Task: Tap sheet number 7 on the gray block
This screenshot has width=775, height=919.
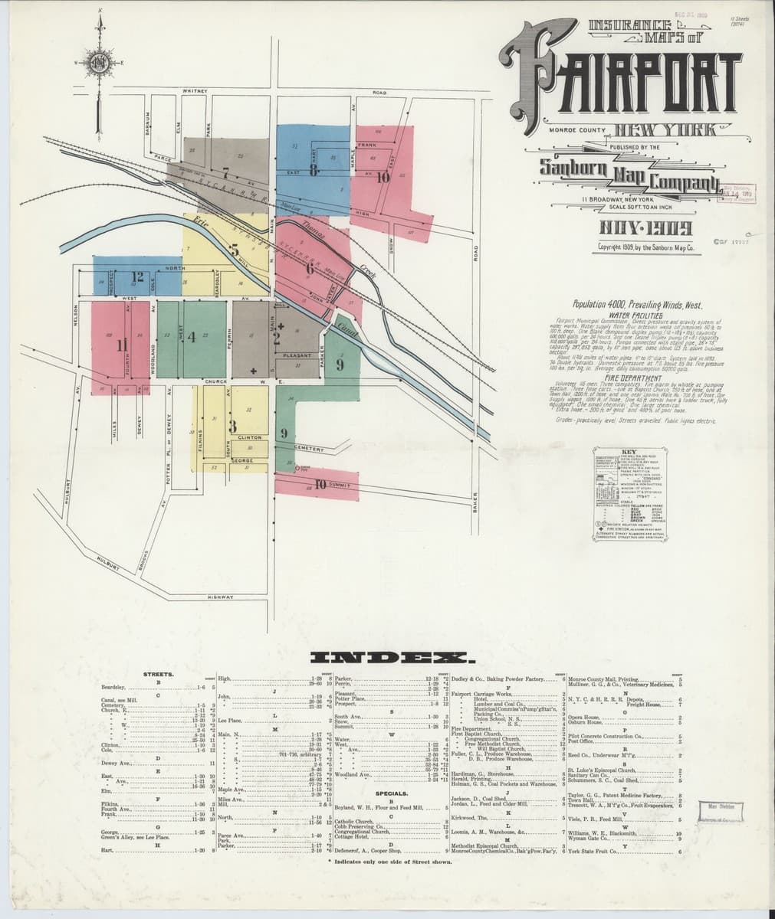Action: (225, 173)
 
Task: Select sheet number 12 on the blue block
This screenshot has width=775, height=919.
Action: (138, 277)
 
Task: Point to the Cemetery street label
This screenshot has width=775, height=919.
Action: (310, 449)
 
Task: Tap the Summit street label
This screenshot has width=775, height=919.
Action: (338, 485)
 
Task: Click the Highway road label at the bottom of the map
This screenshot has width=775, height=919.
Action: (220, 597)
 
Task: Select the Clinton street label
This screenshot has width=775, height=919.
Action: (250, 437)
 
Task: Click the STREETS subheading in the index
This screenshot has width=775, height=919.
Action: (159, 675)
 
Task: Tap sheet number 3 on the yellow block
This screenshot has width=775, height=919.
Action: (232, 426)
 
